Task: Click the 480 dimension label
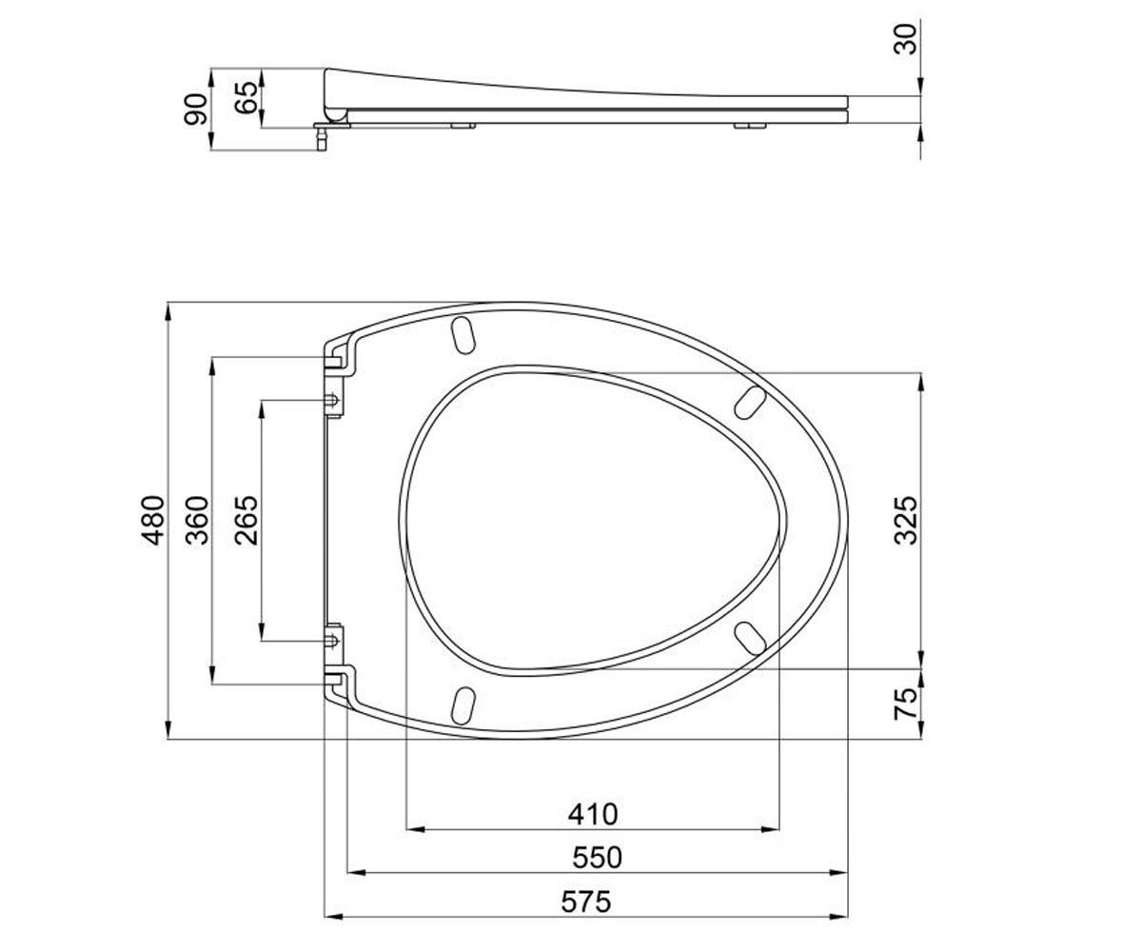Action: (x=152, y=521)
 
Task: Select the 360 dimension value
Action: (x=197, y=521)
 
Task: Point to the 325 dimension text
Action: (x=905, y=521)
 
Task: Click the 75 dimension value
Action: (x=905, y=704)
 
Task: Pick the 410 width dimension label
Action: (x=593, y=815)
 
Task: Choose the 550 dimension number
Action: (x=598, y=858)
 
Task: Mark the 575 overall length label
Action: (x=586, y=902)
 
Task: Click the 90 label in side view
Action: (x=196, y=109)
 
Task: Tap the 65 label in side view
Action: (x=246, y=97)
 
